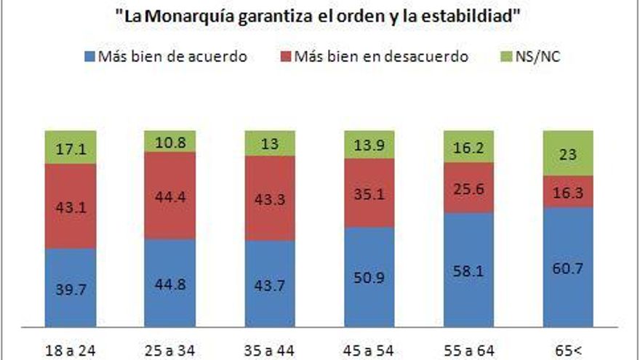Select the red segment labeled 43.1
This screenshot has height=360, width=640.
[70, 207]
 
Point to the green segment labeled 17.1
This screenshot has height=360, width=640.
[70, 148]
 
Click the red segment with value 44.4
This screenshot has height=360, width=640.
[169, 196]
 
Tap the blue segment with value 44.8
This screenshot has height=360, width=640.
[169, 283]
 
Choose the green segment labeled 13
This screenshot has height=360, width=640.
[269, 143]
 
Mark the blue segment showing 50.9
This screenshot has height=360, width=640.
[369, 277]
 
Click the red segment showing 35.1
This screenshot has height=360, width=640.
[369, 193]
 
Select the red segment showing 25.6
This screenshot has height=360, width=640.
[468, 188]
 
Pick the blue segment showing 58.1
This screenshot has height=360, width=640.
[468, 270]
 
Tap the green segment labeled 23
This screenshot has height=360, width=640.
[568, 153]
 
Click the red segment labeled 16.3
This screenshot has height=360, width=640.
[568, 191]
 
